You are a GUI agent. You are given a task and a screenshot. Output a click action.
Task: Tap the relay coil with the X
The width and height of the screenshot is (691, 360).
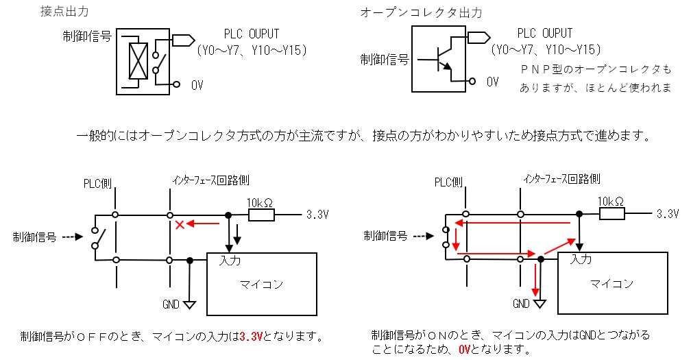[138, 60]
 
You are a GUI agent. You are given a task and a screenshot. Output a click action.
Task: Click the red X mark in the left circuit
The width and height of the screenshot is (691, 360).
[180, 224]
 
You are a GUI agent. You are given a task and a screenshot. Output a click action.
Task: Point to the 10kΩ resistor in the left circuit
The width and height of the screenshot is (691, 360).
[261, 215]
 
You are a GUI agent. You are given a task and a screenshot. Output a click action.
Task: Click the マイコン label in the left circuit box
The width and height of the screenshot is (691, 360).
[261, 284]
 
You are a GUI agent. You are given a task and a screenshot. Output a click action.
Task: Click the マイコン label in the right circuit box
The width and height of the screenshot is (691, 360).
[611, 284]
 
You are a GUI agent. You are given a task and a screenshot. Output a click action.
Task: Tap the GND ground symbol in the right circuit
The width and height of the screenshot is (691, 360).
[540, 303]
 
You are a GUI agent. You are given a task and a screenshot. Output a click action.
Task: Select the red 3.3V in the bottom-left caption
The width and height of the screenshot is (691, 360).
[252, 337]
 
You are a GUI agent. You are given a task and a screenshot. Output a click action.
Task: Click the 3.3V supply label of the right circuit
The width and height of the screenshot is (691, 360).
[670, 215]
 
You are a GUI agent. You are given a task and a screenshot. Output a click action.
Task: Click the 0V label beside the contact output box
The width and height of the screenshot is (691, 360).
[197, 84]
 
